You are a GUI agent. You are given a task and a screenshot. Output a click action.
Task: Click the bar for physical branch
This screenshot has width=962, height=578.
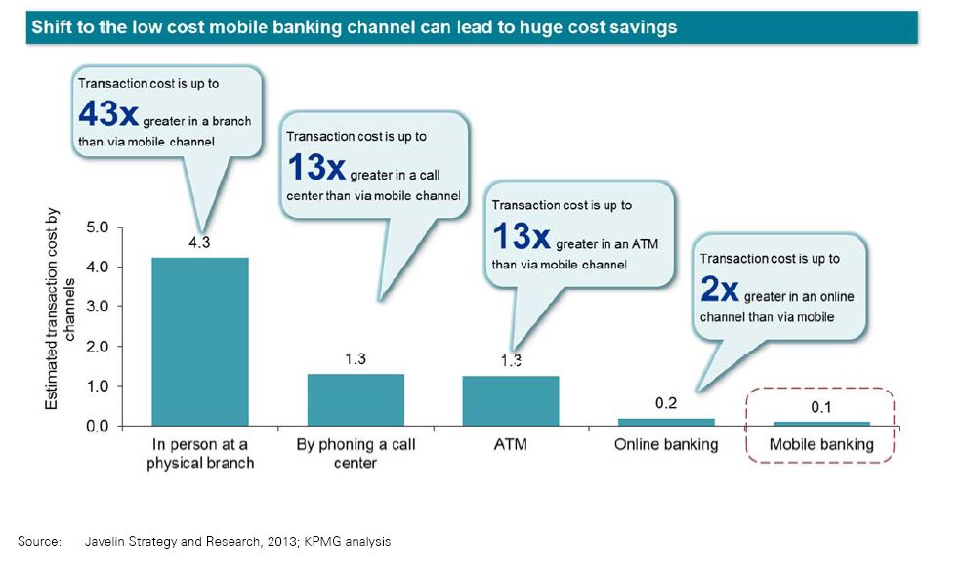(200, 341)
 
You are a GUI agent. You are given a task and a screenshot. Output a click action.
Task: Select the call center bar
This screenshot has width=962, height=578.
(356, 399)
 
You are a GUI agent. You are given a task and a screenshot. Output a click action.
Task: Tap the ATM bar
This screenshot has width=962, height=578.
(511, 400)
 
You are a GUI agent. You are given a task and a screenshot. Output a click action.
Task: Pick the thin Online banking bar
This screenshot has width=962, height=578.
(666, 422)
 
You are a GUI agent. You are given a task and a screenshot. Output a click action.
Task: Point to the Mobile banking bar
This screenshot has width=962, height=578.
(821, 424)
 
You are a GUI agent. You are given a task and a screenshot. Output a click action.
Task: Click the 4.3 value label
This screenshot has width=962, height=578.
(199, 242)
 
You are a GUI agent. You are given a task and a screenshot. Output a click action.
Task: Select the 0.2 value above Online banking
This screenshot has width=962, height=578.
(666, 403)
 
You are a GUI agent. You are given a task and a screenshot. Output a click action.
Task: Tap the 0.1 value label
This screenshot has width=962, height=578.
(821, 407)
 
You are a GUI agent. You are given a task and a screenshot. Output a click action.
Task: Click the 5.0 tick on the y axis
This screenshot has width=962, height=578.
(97, 227)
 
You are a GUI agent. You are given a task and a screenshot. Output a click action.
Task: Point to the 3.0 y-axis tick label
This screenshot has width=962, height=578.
(97, 307)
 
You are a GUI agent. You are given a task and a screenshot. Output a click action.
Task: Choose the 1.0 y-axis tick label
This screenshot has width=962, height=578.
(97, 386)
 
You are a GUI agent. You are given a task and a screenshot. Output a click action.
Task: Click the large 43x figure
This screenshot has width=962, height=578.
(108, 113)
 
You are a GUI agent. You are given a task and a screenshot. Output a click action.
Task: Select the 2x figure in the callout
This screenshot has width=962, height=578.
(720, 288)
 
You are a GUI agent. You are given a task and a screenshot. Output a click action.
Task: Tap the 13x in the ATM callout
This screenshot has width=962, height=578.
(522, 236)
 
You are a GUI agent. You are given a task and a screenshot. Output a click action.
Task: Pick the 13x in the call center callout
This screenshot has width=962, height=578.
(316, 167)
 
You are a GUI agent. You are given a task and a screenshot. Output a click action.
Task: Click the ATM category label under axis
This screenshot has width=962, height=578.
(511, 444)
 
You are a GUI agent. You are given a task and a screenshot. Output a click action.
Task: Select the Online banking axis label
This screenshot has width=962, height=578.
(666, 445)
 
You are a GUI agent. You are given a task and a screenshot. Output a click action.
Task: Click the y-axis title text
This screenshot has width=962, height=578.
(60, 310)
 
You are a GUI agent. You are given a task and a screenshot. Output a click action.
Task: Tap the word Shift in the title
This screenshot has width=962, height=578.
(49, 27)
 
